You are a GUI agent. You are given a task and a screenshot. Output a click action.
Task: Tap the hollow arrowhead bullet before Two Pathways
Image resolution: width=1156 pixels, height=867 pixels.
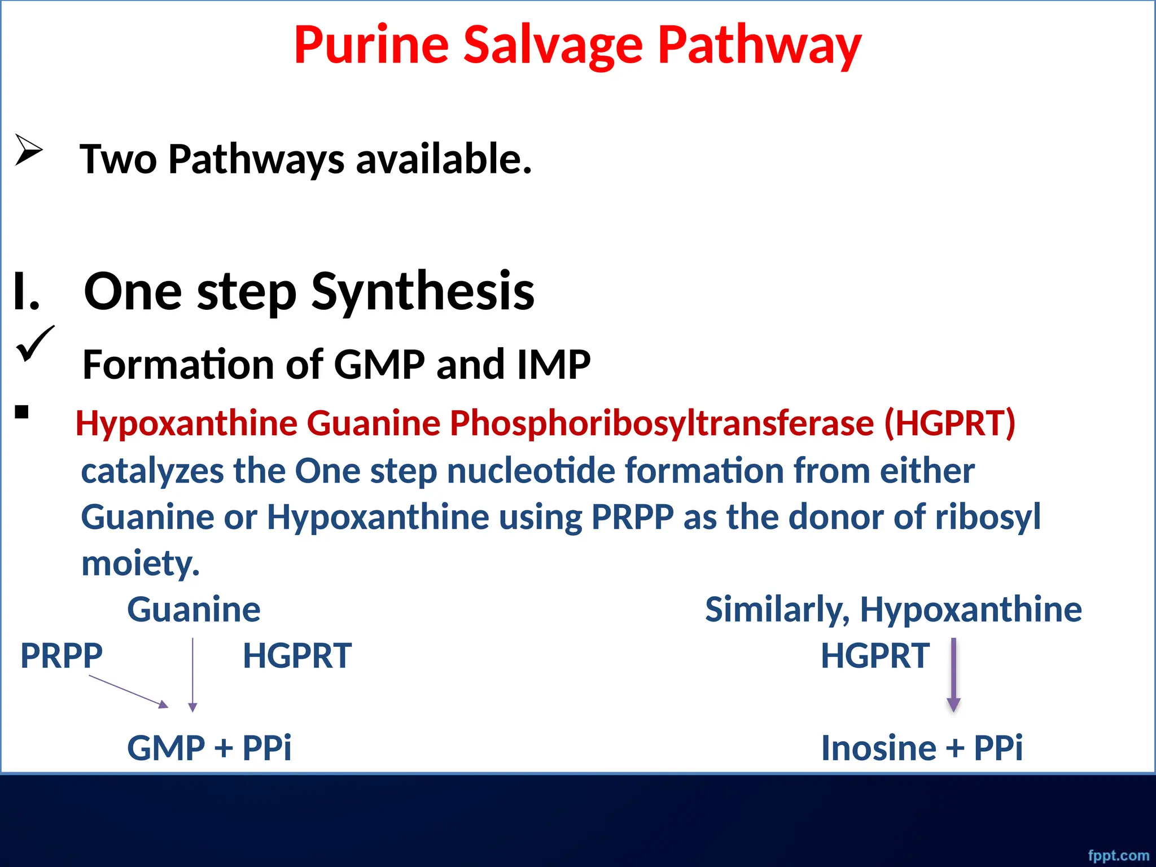[28, 150]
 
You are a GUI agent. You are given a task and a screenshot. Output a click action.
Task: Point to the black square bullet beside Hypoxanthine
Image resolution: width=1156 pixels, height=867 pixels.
[22, 412]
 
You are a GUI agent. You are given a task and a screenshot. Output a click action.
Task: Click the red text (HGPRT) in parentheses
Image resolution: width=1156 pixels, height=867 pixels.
[949, 423]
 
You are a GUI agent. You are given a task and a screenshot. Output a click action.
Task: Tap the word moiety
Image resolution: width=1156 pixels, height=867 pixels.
[140, 563]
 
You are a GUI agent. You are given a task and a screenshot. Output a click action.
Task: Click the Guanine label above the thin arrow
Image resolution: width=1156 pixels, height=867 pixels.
[194, 610]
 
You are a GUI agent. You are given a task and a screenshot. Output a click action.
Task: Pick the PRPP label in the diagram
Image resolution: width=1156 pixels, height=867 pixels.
[62, 656]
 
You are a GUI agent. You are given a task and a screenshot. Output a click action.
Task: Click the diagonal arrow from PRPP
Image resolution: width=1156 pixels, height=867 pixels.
[129, 691]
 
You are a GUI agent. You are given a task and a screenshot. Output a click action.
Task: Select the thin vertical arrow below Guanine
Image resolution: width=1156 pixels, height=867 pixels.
[192, 675]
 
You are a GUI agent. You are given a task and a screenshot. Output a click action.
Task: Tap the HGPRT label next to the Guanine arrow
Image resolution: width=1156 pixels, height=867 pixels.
[297, 656]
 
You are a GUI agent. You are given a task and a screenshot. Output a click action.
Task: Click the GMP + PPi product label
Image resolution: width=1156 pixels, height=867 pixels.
[209, 748]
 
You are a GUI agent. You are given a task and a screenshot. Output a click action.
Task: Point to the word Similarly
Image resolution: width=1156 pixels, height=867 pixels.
[777, 610]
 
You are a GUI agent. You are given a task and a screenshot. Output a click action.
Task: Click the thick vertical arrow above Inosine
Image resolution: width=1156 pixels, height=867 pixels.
[953, 675]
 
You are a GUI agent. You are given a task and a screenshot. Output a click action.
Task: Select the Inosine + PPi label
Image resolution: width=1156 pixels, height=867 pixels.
[921, 748]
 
